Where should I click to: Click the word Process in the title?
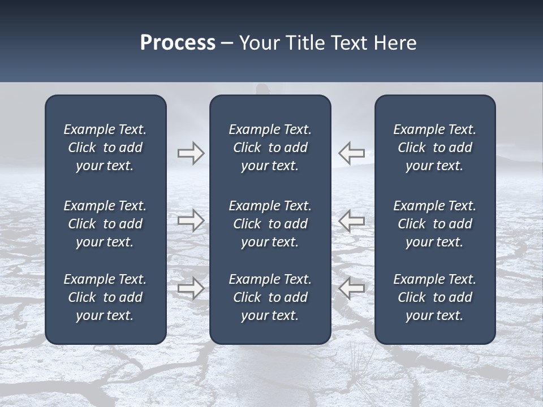pyautogui.click(x=178, y=43)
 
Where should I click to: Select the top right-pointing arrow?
pyautogui.click(x=191, y=153)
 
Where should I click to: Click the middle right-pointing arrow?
pyautogui.click(x=191, y=220)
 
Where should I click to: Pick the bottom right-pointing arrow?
pyautogui.click(x=191, y=288)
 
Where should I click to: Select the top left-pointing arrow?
pyautogui.click(x=352, y=153)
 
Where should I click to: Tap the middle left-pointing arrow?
pyautogui.click(x=352, y=220)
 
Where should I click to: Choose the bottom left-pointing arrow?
pyautogui.click(x=352, y=288)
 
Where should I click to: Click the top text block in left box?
pyautogui.click(x=105, y=148)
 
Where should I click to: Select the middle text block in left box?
pyautogui.click(x=105, y=224)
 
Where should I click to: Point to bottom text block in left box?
pyautogui.click(x=105, y=297)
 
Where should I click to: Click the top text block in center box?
pyautogui.click(x=270, y=148)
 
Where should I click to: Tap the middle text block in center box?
pyautogui.click(x=270, y=224)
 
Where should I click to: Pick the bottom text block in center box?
pyautogui.click(x=270, y=297)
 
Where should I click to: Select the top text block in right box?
pyautogui.click(x=434, y=148)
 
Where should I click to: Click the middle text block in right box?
pyautogui.click(x=434, y=224)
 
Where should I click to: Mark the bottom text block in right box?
pyautogui.click(x=434, y=297)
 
